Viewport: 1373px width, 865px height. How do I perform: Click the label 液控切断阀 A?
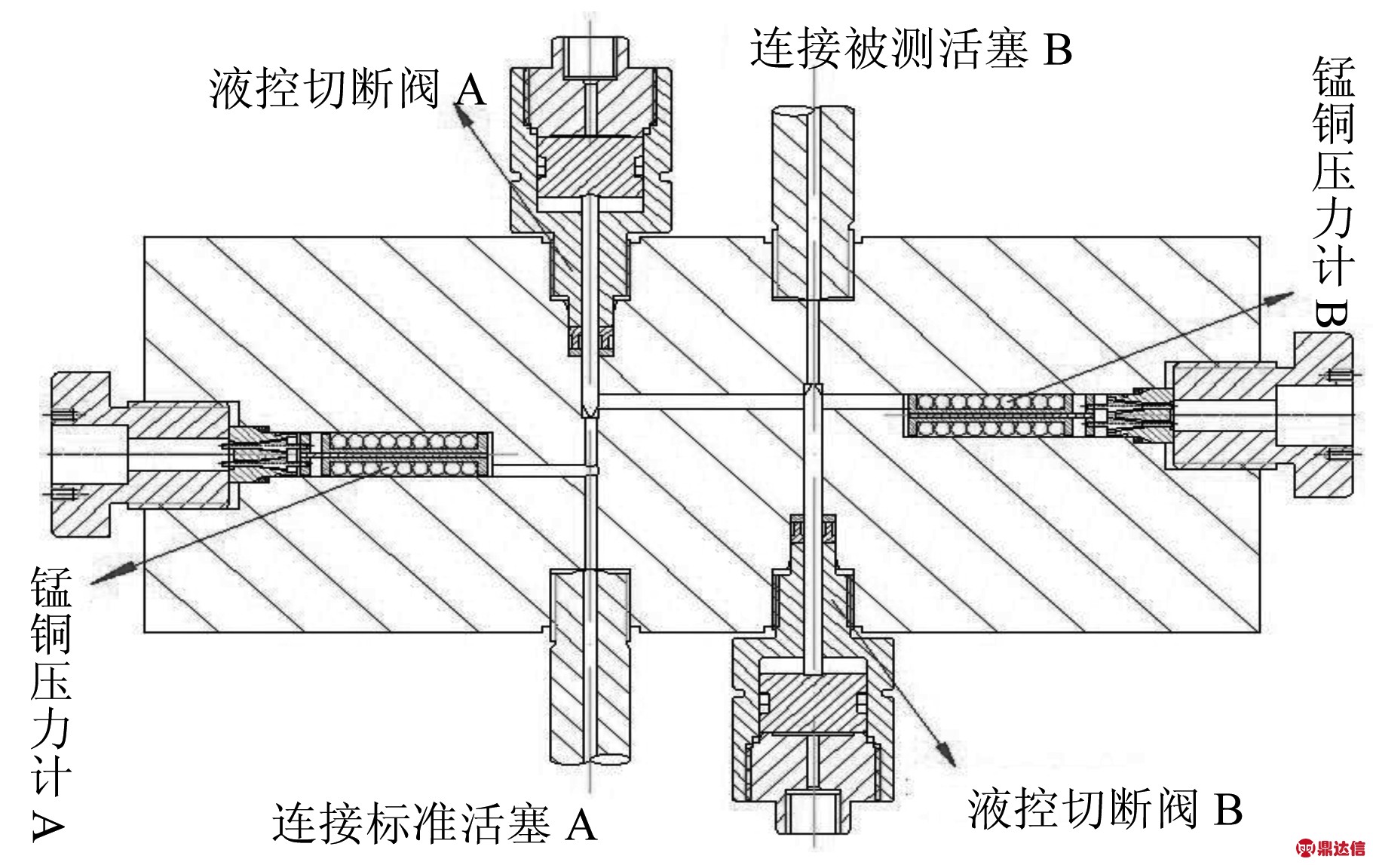pos(348,91)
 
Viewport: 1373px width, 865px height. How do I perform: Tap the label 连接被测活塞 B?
pos(910,50)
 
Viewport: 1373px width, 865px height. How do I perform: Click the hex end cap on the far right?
pos(1323,416)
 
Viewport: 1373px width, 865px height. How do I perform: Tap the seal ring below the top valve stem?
pos(590,342)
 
